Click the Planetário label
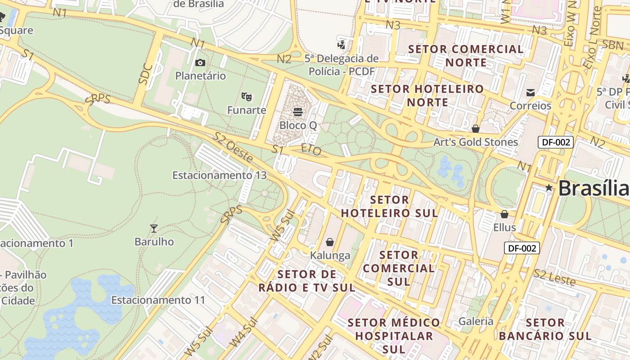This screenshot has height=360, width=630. tap(200, 76)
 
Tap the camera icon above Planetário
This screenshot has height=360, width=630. tap(200, 63)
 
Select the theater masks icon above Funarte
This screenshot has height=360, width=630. tap(246, 96)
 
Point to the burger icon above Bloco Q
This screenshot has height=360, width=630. tap(297, 111)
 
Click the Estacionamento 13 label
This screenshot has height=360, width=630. tap(220, 175)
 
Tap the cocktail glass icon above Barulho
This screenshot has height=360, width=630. tap(154, 229)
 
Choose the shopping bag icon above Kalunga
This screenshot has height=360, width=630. tap(330, 242)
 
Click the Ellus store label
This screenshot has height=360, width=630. tap(504, 227)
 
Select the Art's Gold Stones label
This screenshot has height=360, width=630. tap(476, 142)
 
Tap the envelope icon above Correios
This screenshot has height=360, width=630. tap(531, 93)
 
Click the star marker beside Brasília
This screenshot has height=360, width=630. tap(549, 188)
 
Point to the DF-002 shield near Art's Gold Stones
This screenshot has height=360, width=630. tap(556, 142)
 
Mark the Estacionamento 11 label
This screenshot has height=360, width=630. tap(158, 300)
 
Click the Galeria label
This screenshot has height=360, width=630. tap(476, 321)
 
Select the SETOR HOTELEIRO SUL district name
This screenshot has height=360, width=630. tap(389, 206)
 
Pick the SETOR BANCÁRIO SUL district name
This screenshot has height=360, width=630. tap(545, 329)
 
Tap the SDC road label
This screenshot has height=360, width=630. tap(145, 74)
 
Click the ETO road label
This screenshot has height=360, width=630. tap(311, 149)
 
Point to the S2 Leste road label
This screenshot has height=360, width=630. tap(554, 277)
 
